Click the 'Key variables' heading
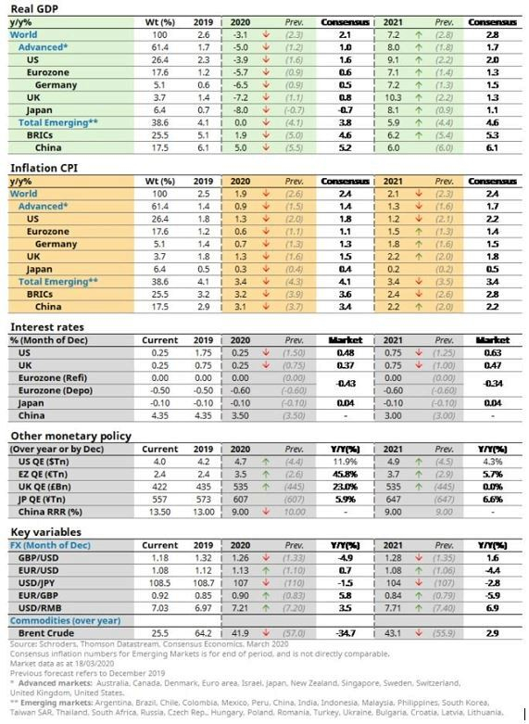click(43, 533)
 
